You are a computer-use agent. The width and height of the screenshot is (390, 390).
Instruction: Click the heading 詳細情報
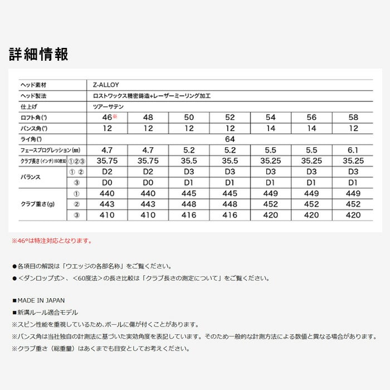[x=38, y=54]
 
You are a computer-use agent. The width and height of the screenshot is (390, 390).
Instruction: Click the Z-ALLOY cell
[x=103, y=85]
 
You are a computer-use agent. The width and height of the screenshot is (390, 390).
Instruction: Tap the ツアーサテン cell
[x=109, y=106]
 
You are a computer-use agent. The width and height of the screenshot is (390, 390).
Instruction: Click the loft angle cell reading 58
[x=353, y=118]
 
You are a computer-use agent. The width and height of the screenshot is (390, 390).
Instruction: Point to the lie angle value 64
[x=230, y=139]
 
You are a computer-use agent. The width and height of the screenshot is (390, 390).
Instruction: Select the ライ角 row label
[x=32, y=139]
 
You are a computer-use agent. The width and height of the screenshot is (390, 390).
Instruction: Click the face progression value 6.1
[x=353, y=150]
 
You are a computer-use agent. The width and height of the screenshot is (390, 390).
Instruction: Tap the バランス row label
[x=32, y=177]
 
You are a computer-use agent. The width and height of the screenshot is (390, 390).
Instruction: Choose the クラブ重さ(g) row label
[x=38, y=204]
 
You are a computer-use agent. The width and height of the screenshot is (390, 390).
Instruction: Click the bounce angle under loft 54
[x=270, y=128]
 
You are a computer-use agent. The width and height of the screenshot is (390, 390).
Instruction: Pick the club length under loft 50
[x=188, y=160]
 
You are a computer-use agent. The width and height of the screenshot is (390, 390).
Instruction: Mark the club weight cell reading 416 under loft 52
[x=230, y=214]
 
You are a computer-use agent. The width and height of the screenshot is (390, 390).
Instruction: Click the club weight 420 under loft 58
[x=353, y=214]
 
